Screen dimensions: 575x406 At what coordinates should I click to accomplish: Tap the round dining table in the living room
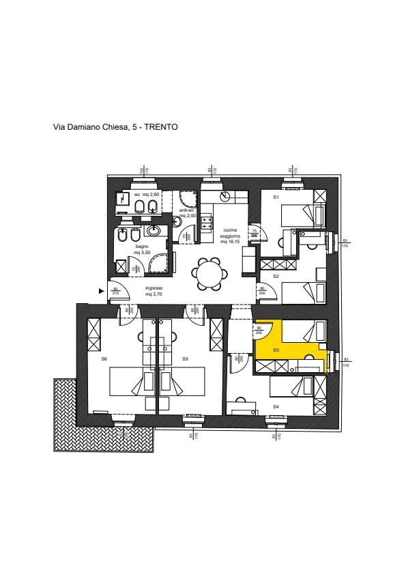(209, 275)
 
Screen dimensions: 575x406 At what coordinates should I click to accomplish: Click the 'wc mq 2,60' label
(147, 195)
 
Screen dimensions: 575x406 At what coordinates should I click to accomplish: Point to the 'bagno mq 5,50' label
(142, 249)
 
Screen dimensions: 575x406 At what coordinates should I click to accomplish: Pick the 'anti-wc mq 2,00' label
(187, 212)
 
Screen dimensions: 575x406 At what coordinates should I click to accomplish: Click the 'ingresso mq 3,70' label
(154, 291)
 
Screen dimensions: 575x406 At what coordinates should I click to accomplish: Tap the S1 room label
(276, 197)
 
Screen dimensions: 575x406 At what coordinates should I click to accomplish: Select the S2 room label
(276, 276)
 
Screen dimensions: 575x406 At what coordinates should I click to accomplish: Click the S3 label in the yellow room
(276, 350)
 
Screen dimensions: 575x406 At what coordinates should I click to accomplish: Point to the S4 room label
(276, 406)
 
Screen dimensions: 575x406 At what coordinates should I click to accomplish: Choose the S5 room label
(185, 359)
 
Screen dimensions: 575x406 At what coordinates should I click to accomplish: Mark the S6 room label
(104, 359)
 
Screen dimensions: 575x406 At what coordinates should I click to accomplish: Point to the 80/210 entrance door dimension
(116, 291)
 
